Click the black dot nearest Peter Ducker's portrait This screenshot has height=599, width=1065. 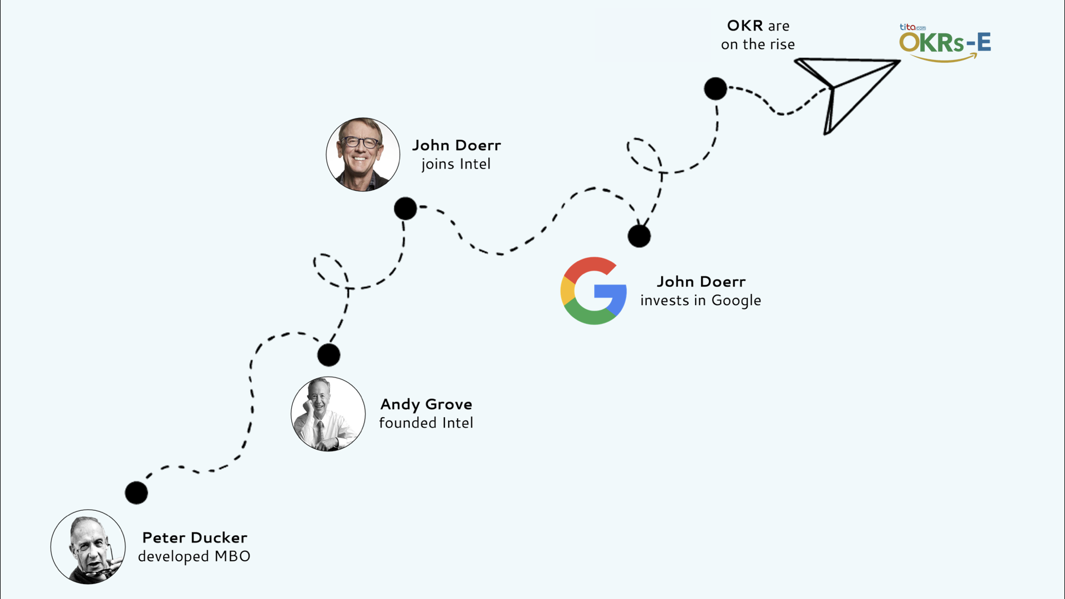coord(136,493)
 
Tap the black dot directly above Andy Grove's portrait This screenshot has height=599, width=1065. coord(328,355)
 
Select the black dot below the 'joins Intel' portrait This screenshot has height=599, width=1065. coord(405,209)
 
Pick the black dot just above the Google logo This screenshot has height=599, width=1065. coord(639,236)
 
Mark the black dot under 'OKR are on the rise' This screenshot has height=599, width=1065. coord(716,89)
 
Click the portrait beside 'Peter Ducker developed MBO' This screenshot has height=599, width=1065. coord(88,547)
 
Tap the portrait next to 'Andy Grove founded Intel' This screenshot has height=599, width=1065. coord(328,414)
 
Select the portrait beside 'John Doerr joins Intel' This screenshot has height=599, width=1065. coord(363,155)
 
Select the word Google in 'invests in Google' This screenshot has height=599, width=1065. coord(736,301)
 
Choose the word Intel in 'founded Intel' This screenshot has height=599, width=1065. coord(458,423)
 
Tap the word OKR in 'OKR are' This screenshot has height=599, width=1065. coord(745,26)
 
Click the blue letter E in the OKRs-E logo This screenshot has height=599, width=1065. coord(983,43)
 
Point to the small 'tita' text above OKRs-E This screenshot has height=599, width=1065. coord(907,27)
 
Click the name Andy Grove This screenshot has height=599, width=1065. coord(426,404)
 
